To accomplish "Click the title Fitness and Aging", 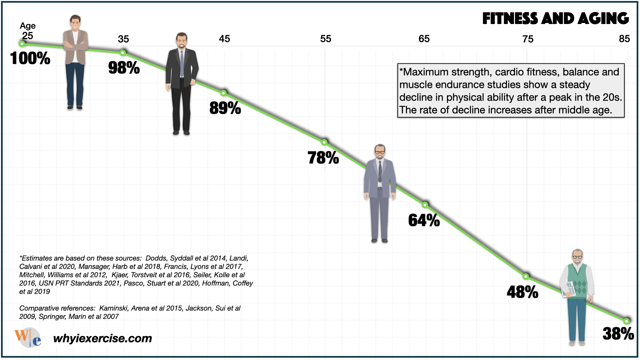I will [555, 19].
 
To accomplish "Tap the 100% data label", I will [30, 58].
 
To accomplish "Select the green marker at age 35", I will [123, 53].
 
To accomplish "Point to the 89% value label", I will [225, 108].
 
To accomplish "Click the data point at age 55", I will [324, 142].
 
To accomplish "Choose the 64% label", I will [424, 220].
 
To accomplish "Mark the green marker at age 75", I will [526, 276].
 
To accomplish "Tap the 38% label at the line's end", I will [618, 334].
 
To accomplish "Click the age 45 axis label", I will [224, 39].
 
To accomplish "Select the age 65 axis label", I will [424, 39].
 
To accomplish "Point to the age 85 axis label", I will [624, 39].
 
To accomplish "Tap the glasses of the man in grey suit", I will [380, 153].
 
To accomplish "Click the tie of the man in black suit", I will [182, 63].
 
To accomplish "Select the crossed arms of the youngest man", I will [75, 45].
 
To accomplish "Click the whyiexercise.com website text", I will [102, 338].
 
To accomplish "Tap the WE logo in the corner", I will [28, 337].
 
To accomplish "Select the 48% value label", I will [522, 292].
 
